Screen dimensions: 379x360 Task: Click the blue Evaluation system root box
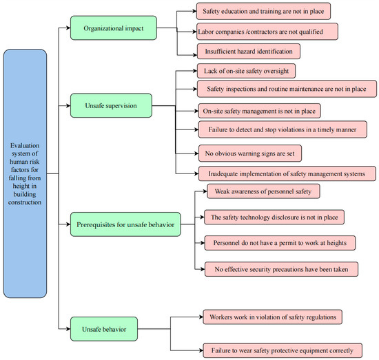(x=25, y=173)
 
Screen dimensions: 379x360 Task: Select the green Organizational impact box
(x=114, y=28)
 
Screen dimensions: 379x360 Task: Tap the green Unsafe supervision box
(x=111, y=105)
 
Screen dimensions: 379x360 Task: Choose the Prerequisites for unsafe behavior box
(x=125, y=224)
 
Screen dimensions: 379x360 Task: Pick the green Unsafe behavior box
(x=104, y=329)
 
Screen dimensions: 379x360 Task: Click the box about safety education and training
(x=263, y=11)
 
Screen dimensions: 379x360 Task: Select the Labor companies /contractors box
(x=267, y=32)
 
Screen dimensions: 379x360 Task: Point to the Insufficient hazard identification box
(x=249, y=51)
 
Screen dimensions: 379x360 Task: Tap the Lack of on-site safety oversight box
(x=246, y=71)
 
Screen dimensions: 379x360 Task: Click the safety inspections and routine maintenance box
(x=287, y=89)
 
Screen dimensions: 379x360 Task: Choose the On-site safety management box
(x=259, y=111)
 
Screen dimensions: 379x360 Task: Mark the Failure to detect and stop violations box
(x=283, y=129)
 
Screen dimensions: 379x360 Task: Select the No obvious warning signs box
(x=250, y=153)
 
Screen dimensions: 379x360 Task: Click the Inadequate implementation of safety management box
(x=287, y=173)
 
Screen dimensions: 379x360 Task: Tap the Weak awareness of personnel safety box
(x=263, y=191)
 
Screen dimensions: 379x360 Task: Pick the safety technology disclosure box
(x=274, y=217)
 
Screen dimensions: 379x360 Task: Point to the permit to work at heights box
(x=280, y=243)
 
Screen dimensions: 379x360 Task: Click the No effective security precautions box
(x=281, y=269)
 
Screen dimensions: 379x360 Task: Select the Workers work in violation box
(x=273, y=317)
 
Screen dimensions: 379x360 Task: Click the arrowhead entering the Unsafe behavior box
(x=68, y=329)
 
